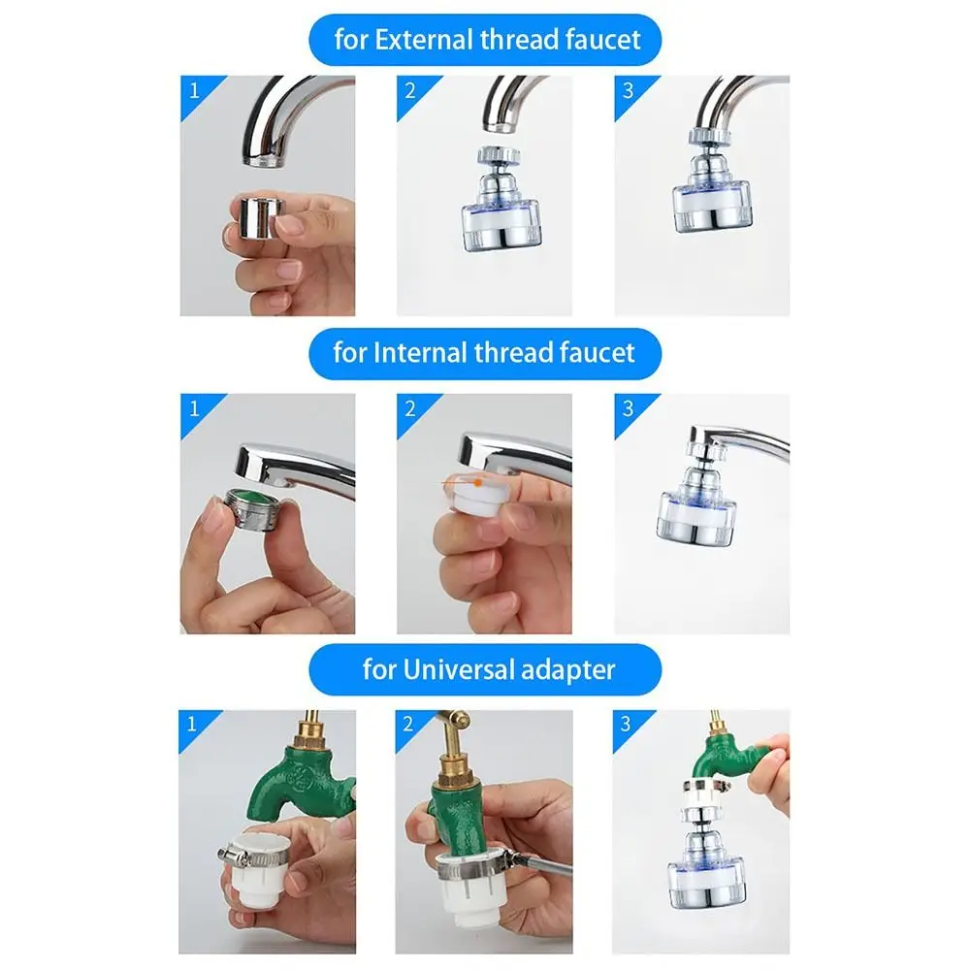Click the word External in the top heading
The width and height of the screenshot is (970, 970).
coord(421,40)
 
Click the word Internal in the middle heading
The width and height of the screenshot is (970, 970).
coord(417,352)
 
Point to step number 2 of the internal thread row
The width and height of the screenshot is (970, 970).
coord(409,407)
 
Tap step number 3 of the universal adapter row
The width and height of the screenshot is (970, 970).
coord(627,724)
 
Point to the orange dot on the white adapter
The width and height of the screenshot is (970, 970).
coord(477,480)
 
